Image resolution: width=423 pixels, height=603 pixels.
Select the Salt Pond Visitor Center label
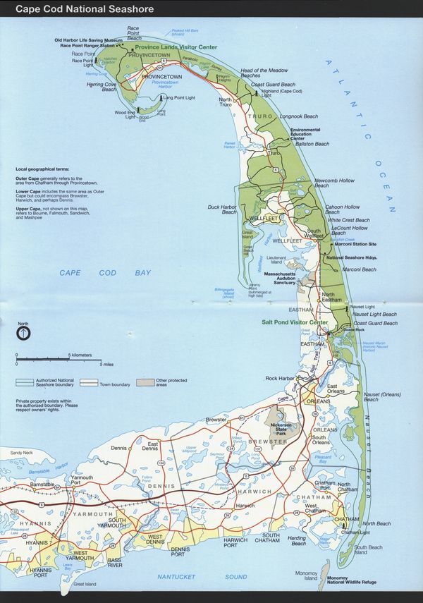(x=295, y=322)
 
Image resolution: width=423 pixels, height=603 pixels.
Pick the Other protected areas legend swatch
(x=145, y=382)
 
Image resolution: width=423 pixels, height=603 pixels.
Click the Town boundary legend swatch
(x=89, y=382)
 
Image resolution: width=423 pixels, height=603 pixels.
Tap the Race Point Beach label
(x=134, y=34)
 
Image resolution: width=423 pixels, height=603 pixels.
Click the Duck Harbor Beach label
(x=222, y=209)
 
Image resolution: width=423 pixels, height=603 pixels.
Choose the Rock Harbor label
(x=279, y=379)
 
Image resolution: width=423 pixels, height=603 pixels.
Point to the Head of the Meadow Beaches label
(x=264, y=73)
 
